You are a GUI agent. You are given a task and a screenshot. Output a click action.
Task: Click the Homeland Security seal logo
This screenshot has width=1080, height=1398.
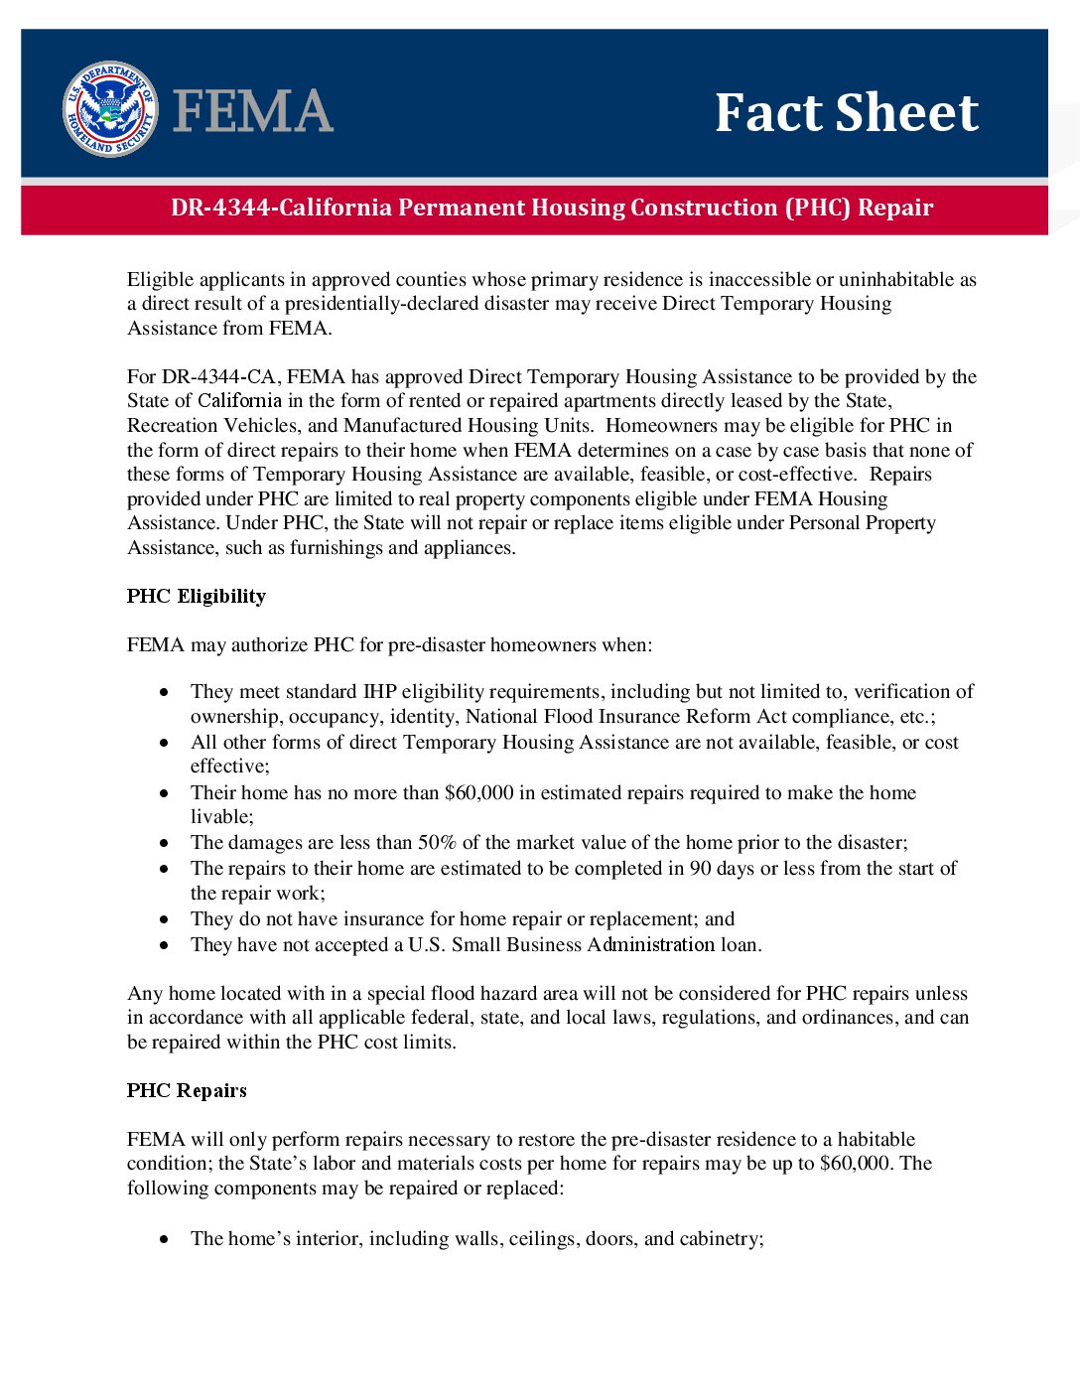pos(109,109)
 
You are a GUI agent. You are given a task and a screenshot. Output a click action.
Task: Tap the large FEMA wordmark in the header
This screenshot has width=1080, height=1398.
pos(253,110)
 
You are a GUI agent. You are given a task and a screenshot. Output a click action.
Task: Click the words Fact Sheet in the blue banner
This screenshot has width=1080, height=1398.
pos(847,112)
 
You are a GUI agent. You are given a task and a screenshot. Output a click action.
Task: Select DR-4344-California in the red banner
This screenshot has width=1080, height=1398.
pos(282,208)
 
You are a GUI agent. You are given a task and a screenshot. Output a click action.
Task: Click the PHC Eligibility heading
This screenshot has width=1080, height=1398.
pos(197,596)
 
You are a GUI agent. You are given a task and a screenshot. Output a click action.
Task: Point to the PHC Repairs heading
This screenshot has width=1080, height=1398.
pos(187,1090)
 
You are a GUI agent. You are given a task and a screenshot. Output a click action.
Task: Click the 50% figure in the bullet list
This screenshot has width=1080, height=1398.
pos(437,842)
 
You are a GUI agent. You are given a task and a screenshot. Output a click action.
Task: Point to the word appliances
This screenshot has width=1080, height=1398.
pos(469,547)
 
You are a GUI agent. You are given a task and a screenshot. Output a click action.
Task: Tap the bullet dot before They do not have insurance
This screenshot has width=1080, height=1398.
pos(165,919)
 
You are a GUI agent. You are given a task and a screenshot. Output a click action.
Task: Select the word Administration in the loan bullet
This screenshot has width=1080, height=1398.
pos(650,944)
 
